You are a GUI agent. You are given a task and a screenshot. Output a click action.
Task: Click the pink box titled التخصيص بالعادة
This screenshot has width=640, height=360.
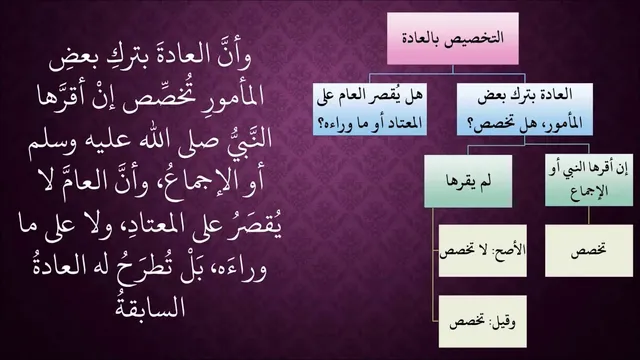tap(453, 38)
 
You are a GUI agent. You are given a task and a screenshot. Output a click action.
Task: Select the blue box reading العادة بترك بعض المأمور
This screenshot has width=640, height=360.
tap(524, 109)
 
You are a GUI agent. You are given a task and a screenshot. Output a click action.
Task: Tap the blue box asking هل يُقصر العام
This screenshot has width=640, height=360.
tap(370, 109)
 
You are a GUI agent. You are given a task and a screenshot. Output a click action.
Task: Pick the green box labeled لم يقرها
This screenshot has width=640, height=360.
tap(468, 181)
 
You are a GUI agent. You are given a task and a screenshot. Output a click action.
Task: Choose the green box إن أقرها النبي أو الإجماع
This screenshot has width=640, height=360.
tap(589, 180)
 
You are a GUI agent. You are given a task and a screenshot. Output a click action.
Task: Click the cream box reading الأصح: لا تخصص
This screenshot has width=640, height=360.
tap(482, 251)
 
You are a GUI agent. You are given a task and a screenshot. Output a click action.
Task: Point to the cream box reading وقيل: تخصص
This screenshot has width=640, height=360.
tap(482, 322)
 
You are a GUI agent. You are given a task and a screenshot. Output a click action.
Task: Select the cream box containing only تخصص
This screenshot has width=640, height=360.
tap(589, 251)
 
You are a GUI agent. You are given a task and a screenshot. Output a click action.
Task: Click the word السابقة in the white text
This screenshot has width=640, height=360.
tap(151, 306)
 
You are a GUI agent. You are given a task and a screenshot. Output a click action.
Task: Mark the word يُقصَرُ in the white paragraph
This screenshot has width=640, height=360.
tap(257, 227)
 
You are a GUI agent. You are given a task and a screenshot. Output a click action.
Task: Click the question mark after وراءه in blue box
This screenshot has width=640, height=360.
tap(321, 123)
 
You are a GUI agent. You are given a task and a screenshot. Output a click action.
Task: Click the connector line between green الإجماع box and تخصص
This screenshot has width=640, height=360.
tap(589, 216)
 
